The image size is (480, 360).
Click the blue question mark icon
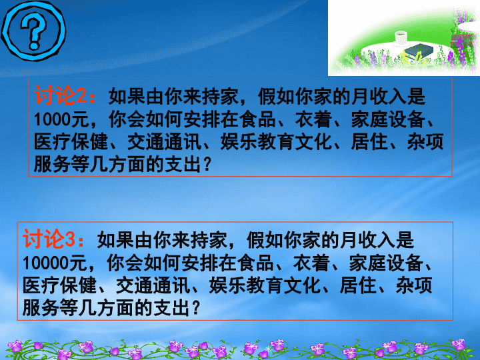coord(33,31)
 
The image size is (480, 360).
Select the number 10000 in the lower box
coord(46,263)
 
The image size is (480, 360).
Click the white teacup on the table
coord(401,38)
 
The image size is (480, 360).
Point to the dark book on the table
coord(419,51)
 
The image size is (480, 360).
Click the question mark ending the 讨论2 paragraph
coord(207,165)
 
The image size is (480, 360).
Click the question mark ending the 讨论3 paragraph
coord(195,308)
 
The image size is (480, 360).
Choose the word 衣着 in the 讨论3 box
coord(311,263)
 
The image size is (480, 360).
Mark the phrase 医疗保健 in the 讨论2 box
coord(71,142)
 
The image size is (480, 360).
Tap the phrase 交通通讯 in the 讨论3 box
coord(153,285)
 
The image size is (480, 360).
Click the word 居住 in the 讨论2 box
coord(369,142)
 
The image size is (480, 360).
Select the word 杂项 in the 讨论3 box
coord(414,285)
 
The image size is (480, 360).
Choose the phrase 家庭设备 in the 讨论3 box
coord(386,263)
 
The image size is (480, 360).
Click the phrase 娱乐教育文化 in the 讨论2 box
coord(276,142)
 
